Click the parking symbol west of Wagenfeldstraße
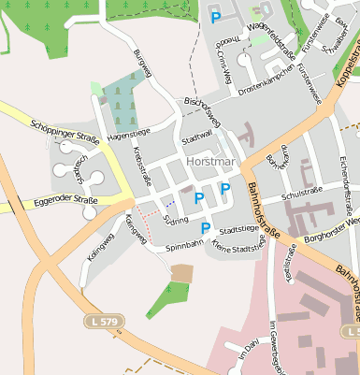pyautogui.click(x=216, y=18)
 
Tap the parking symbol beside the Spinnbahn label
pyautogui.click(x=206, y=229)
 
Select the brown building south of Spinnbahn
pyautogui.click(x=182, y=272)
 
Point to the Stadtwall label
pyautogui.click(x=197, y=137)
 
